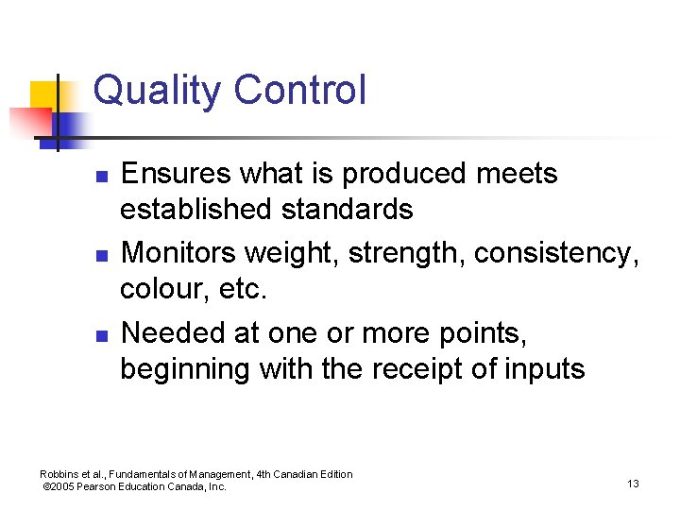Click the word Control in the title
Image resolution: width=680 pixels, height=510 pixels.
(299, 91)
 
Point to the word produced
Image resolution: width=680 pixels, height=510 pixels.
(404, 174)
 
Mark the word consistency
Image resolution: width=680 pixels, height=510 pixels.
(556, 254)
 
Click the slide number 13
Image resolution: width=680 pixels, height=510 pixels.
(633, 484)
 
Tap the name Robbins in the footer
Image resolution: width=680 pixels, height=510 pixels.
(60, 474)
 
